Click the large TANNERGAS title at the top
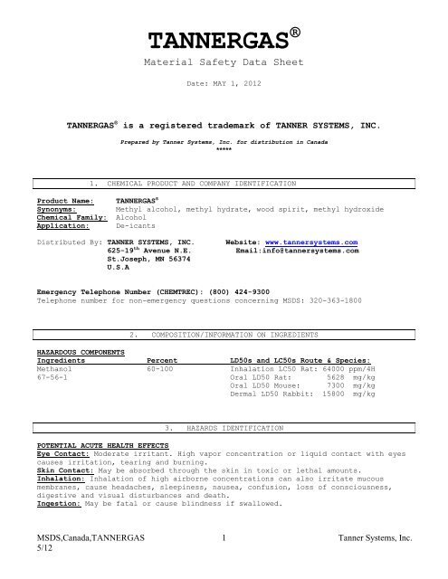coord(218,42)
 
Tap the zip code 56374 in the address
coord(188,261)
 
